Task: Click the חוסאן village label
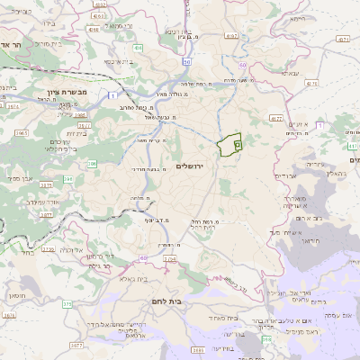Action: point(15,295)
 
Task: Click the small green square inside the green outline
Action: point(238,143)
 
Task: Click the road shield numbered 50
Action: point(186,62)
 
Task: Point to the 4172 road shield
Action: point(276,117)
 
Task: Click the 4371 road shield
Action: point(343,39)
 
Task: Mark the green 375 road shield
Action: point(67,305)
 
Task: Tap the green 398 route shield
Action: point(266,339)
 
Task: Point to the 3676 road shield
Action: point(9,316)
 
